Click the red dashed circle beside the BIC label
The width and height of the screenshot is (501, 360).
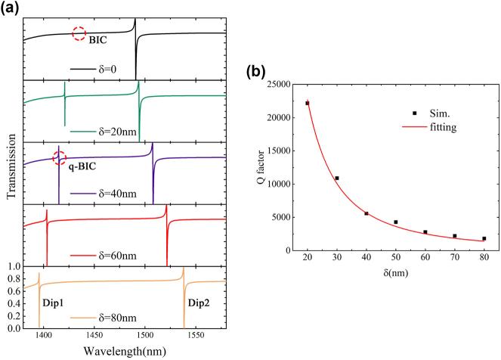[79, 33]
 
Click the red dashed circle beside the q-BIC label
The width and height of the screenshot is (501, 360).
[60, 157]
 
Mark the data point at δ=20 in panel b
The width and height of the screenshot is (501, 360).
[308, 103]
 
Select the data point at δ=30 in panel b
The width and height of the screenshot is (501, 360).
[337, 178]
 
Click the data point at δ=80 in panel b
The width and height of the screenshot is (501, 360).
[484, 238]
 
